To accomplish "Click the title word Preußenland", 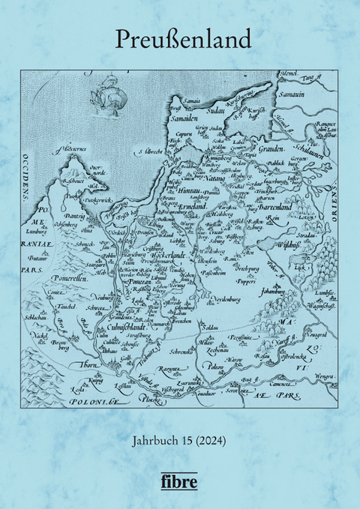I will click(180, 39).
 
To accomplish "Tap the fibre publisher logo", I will click(180, 480).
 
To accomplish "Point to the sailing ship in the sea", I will click(104, 95).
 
